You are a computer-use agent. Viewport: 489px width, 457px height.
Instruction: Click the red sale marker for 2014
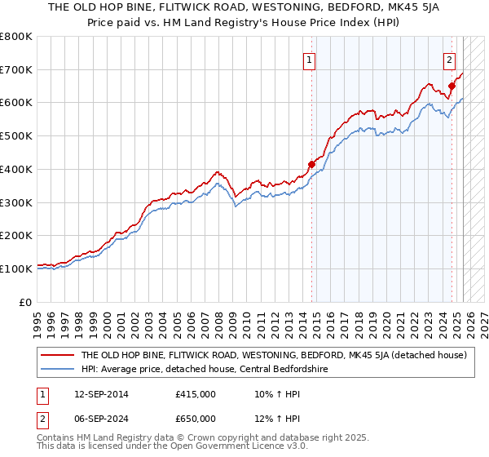[x=311, y=164]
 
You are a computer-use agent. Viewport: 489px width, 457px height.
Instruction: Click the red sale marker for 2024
[x=452, y=86]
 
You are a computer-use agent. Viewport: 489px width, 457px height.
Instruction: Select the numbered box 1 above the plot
[x=311, y=59]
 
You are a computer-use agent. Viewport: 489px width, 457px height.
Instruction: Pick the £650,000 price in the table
[x=196, y=419]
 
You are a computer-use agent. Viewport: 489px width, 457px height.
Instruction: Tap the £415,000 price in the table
[x=196, y=394]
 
